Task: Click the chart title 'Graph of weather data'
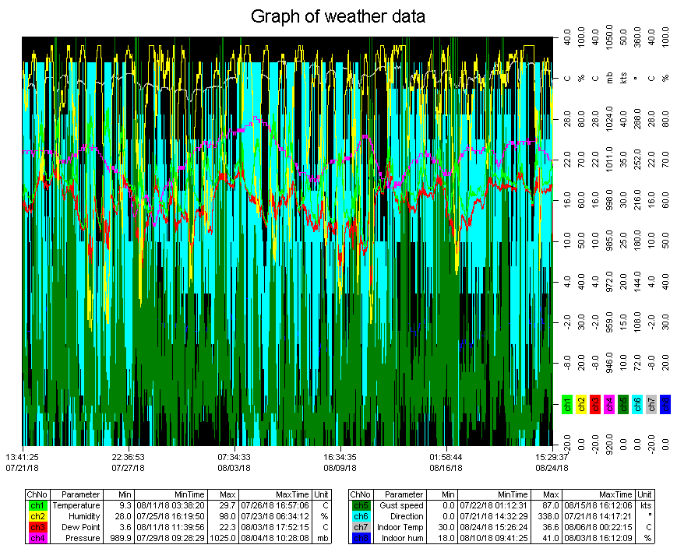(x=337, y=16)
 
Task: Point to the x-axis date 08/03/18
(x=234, y=468)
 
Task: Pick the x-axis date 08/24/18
(x=551, y=468)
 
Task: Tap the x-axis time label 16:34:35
(x=340, y=457)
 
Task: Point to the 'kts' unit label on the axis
(x=622, y=79)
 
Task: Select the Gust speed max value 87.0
(x=551, y=505)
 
